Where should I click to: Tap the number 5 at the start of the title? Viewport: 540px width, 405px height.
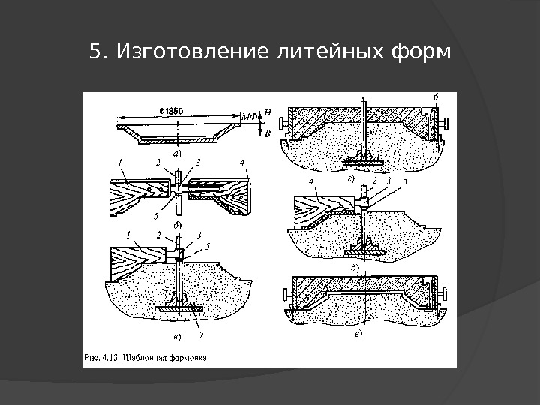pos(94,53)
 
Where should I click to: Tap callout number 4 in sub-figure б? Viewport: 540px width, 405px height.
pos(241,161)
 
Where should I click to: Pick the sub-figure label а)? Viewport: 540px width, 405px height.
pos(177,152)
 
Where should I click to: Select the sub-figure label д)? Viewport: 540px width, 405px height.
pos(354,266)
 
